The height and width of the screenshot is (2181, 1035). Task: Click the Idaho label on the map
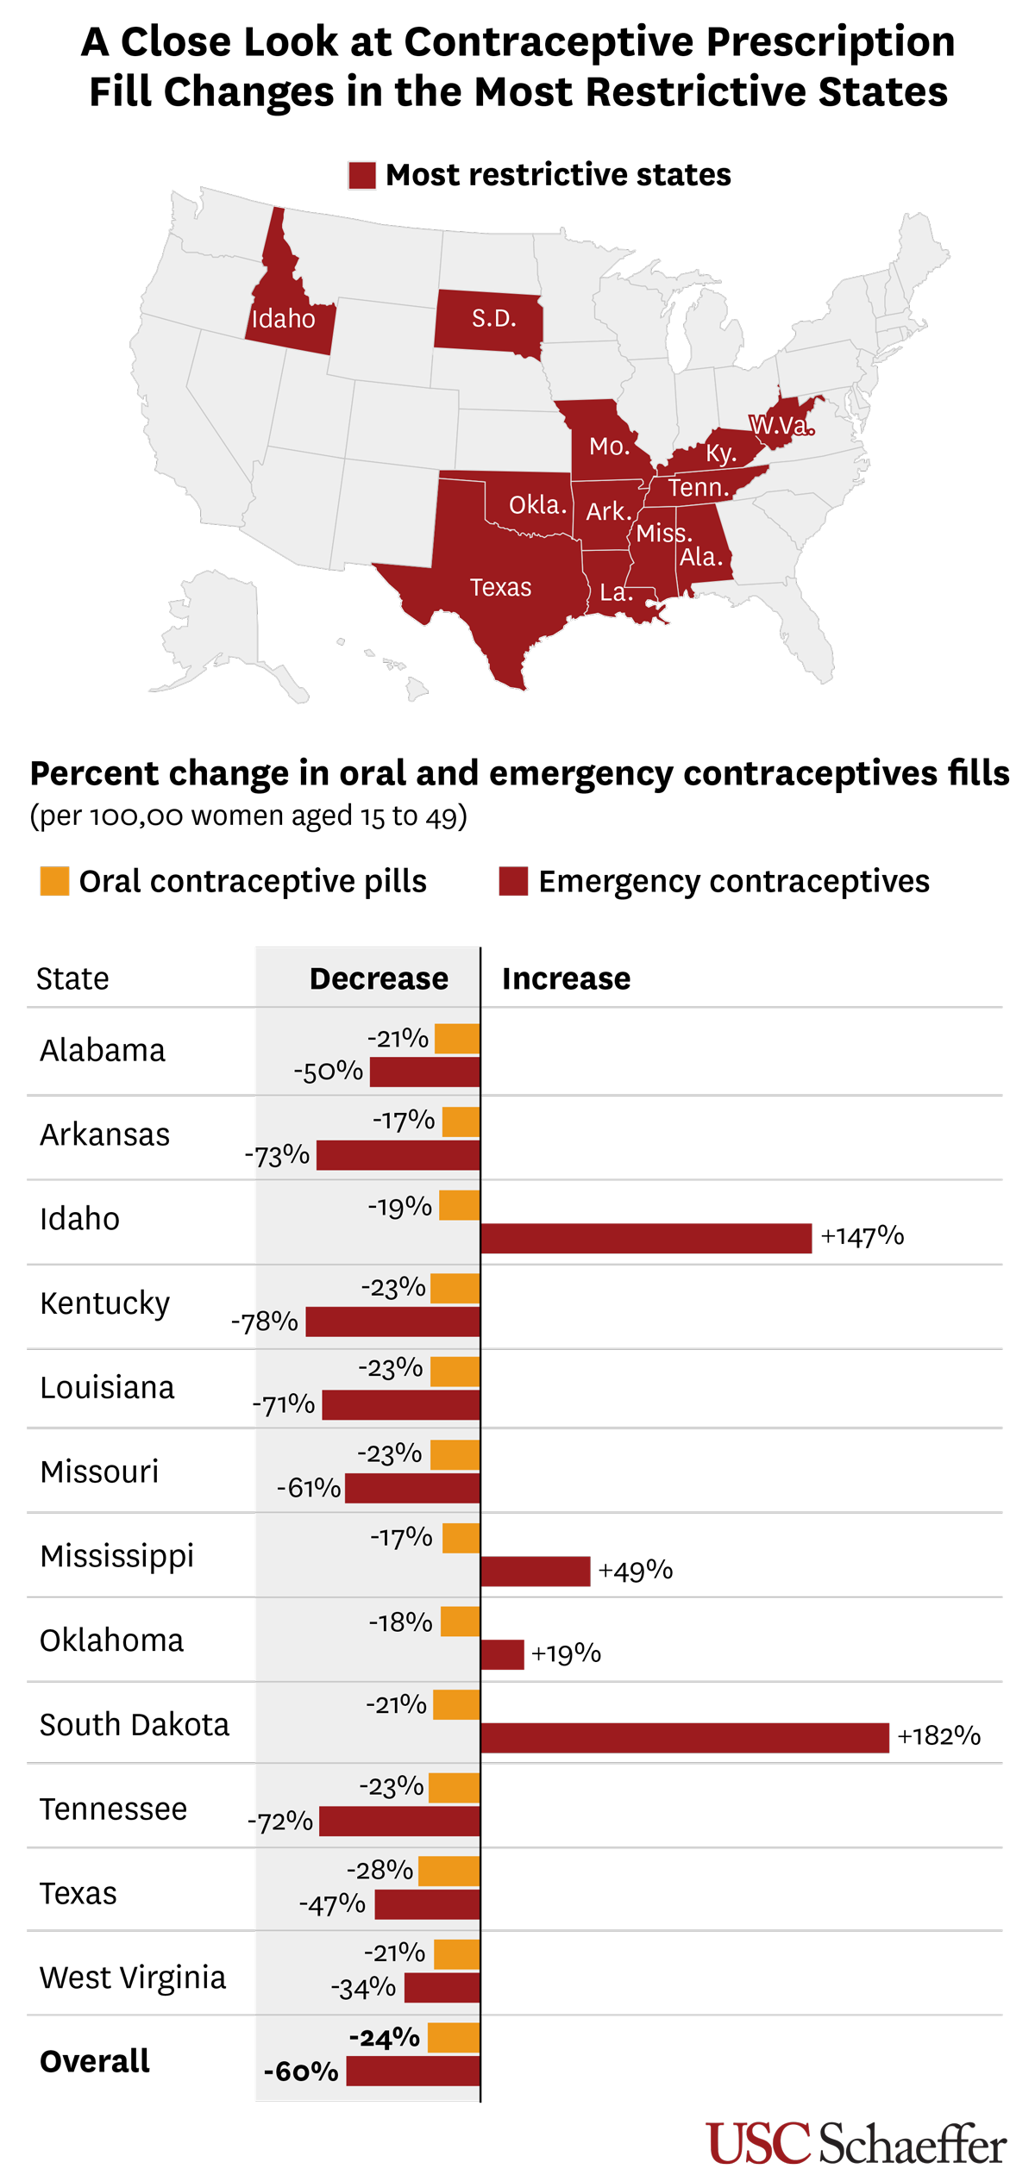pyautogui.click(x=283, y=319)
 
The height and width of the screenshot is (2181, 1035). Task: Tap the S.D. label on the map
pyautogui.click(x=493, y=319)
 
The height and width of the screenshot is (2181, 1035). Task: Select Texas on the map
pyautogui.click(x=500, y=587)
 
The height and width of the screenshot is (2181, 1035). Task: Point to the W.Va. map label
pyautogui.click(x=781, y=425)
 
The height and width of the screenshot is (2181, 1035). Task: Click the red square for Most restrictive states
pyautogui.click(x=362, y=175)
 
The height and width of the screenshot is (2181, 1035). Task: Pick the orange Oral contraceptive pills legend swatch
pyautogui.click(x=54, y=881)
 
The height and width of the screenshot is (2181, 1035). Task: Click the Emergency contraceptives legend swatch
pyautogui.click(x=513, y=881)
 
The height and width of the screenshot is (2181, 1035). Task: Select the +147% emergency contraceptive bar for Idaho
pyautogui.click(x=645, y=1238)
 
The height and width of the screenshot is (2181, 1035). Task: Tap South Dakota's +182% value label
pyautogui.click(x=938, y=1735)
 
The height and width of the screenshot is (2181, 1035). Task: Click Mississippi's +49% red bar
pyautogui.click(x=535, y=1571)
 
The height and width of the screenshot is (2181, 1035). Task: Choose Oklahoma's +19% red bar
pyautogui.click(x=502, y=1654)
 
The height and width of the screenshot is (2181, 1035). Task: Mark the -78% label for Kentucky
pyautogui.click(x=264, y=1322)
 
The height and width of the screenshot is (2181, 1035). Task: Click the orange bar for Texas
pyautogui.click(x=448, y=1871)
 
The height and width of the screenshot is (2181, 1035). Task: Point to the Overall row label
pyautogui.click(x=95, y=2060)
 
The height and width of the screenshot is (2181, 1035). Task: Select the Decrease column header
pyautogui.click(x=379, y=978)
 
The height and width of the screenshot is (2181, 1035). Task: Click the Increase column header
pyautogui.click(x=566, y=978)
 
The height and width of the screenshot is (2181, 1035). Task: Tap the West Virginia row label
pyautogui.click(x=133, y=1977)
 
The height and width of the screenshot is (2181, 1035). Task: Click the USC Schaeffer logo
pyautogui.click(x=856, y=2143)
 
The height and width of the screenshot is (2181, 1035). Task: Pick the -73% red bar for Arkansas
pyautogui.click(x=398, y=1155)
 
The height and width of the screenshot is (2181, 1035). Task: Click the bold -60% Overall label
pyautogui.click(x=301, y=2072)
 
